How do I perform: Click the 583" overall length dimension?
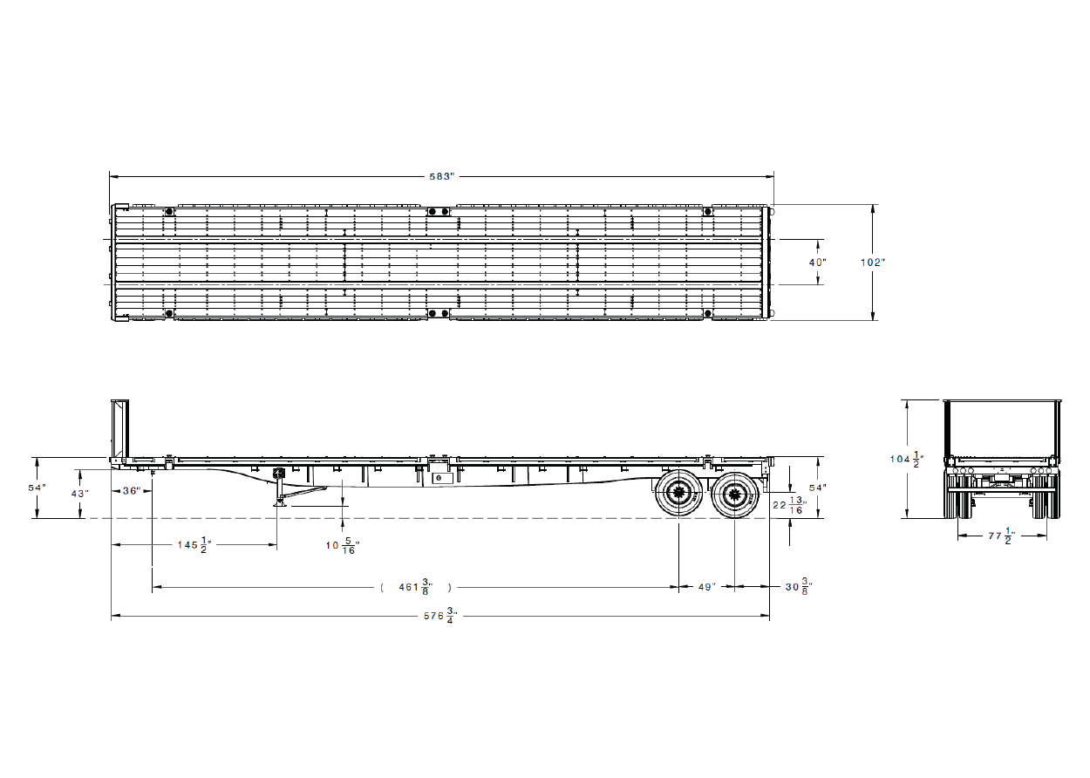441,176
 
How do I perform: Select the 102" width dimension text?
873,263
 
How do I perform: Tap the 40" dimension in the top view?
818,263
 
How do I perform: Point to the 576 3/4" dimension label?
440,616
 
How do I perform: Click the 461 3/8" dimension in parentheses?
416,587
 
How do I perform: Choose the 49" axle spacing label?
707,587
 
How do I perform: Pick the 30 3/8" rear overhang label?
799,587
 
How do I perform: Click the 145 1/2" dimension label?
194,545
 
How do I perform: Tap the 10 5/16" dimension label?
343,546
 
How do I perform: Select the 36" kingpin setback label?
132,491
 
